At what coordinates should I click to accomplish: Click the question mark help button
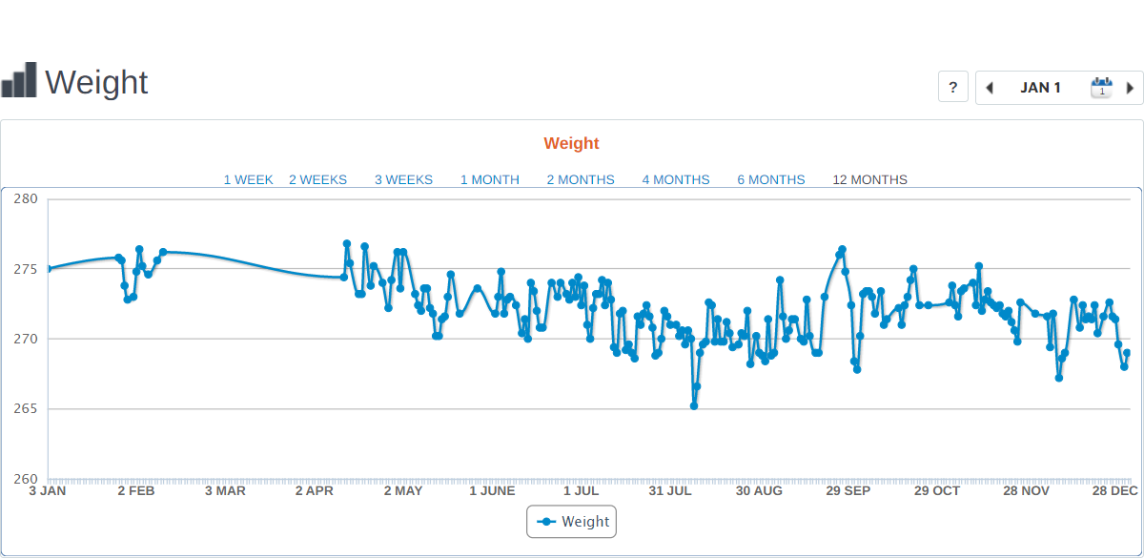pos(953,88)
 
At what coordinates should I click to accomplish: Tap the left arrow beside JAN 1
pos(990,88)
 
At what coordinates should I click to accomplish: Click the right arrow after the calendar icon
pos(1130,88)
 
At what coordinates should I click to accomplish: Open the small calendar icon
pos(1101,88)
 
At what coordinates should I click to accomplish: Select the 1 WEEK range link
pos(248,179)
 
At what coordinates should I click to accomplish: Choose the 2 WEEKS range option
pos(317,179)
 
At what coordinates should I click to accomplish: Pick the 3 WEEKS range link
pos(403,179)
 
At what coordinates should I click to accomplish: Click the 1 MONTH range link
pos(490,179)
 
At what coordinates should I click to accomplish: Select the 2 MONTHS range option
pos(581,179)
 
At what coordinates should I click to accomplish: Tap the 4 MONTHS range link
pos(676,179)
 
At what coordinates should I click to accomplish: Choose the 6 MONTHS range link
pos(771,179)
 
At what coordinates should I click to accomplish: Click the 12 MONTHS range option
pos(870,179)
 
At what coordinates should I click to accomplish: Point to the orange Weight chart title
pos(572,143)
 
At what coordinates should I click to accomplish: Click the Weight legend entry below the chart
pos(572,522)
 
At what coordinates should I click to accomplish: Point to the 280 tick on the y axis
pos(25,199)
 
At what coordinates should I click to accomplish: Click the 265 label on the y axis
pos(25,409)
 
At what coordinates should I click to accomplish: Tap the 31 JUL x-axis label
pos(670,491)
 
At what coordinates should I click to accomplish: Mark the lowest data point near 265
pos(694,405)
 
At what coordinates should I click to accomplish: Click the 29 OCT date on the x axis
pos(937,491)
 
